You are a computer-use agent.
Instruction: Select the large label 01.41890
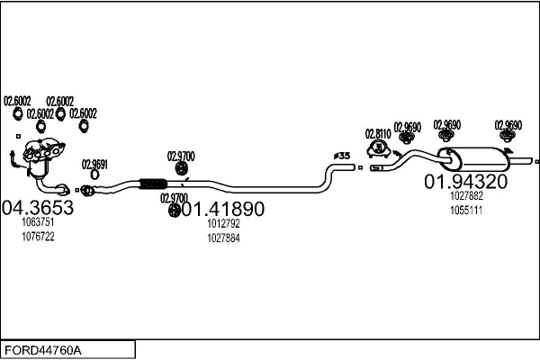click(x=222, y=210)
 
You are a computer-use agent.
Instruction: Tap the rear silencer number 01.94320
click(x=466, y=181)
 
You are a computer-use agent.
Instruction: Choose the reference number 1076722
click(x=38, y=237)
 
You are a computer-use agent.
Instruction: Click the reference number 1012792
click(x=222, y=224)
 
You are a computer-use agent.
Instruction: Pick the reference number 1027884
click(x=222, y=238)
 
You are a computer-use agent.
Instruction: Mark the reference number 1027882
click(x=466, y=195)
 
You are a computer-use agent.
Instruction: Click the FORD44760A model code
click(x=40, y=348)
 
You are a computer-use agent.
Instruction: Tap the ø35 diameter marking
click(x=342, y=156)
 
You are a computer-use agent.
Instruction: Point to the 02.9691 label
click(x=94, y=164)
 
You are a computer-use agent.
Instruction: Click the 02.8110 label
click(x=378, y=133)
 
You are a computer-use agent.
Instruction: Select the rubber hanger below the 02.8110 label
click(x=380, y=147)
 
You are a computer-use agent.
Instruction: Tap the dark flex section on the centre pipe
click(x=155, y=185)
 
